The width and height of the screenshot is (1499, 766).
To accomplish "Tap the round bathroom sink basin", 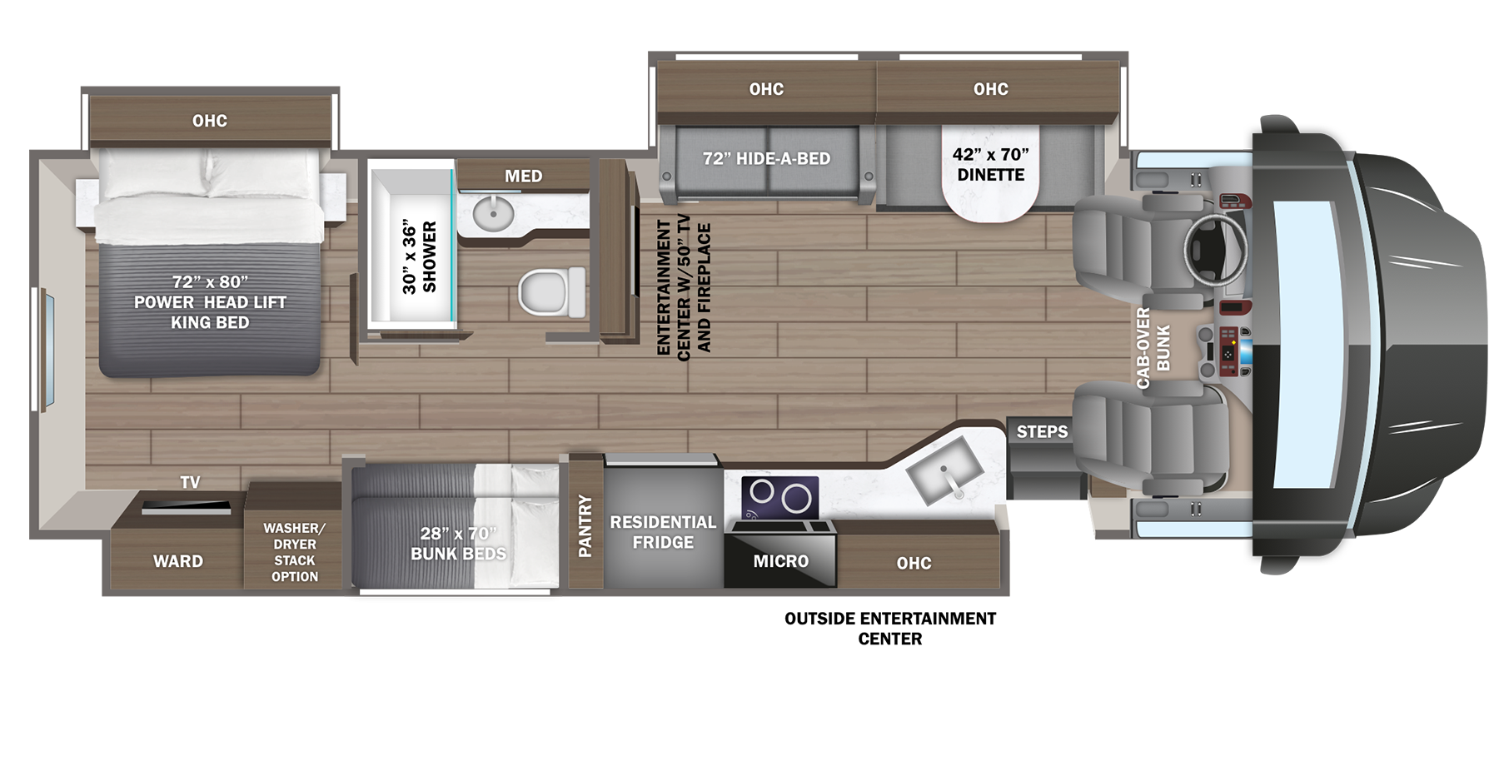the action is point(493,214).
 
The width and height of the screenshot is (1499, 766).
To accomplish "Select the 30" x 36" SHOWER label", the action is point(419,256).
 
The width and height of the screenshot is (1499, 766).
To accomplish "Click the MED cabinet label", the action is point(523,176).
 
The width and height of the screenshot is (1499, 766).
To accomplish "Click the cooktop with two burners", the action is point(779,496).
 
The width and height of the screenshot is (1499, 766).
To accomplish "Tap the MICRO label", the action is point(780,561).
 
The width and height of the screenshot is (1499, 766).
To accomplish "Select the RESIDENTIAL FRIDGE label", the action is point(663,532).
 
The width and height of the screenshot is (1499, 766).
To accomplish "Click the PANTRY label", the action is point(585,525).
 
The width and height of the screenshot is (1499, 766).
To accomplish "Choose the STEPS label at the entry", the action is point(1042,431).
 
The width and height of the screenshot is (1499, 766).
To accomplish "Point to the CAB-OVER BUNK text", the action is point(1153,347).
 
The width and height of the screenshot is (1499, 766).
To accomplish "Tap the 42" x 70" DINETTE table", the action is point(990,171).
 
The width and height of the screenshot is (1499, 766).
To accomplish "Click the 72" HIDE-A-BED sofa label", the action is point(766,158).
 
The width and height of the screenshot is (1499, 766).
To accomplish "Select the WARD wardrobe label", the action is point(177,561).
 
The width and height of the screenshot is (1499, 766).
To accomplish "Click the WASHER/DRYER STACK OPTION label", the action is point(294,552).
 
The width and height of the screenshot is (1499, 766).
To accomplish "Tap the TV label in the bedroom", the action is point(190,482).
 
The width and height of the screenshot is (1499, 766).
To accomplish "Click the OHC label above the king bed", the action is point(210,121).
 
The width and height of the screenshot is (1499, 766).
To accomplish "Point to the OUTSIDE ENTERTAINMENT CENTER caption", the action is point(890,629).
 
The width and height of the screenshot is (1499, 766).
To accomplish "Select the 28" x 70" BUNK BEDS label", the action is point(458,543).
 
